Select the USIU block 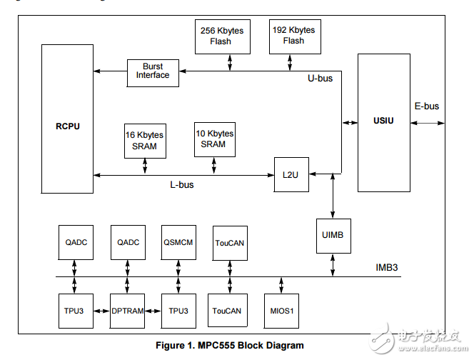point(383,122)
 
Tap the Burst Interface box point(153,72)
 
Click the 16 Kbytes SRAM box point(145,141)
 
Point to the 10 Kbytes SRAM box point(214,139)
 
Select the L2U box point(291,175)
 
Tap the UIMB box point(333,234)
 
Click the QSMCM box point(178,243)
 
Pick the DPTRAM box point(128,311)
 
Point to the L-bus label point(181,185)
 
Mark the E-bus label point(427,106)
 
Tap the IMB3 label point(387,269)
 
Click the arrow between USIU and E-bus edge point(427,123)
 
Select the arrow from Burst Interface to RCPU point(111,71)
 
